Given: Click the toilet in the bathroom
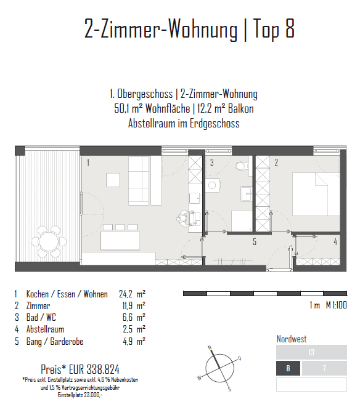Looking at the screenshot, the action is point(242,166).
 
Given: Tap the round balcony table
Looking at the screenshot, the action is point(49,241).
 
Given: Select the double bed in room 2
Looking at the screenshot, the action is point(316,194).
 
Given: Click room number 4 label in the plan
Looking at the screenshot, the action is point(335,241).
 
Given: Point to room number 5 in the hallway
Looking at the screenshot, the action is point(255,241).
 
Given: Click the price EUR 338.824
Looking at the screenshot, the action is point(80,369).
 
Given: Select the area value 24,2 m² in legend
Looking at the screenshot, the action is point(133,294).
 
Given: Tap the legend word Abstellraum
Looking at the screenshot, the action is point(45,329).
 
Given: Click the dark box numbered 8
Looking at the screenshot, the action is point(288,368).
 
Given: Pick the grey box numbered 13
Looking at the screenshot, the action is point(311,352).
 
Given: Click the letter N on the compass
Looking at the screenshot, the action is point(210,347).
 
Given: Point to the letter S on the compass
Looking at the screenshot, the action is point(229,389).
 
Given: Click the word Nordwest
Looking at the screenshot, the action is point(292,339).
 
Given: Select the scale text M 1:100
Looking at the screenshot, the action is point(337,305).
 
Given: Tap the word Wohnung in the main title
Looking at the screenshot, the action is point(203,29).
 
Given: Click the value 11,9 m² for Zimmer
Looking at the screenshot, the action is point(134,306).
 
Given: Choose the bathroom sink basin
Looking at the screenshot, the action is point(246,193).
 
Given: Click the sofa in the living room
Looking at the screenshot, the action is point(139,181).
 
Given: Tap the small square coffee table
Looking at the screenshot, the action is point(113,180).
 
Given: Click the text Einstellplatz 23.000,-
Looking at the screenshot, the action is point(80,395).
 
